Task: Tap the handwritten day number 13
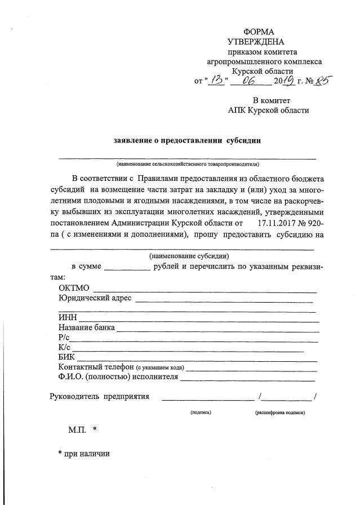coord(216,81)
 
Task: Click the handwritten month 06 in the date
coord(247,81)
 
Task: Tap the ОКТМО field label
coord(74,289)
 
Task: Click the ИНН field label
coord(68,318)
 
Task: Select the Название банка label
coord(86,327)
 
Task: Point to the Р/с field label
coord(64,338)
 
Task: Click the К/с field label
coord(64,348)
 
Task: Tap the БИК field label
coord(66,357)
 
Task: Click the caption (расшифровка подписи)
coord(280,413)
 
